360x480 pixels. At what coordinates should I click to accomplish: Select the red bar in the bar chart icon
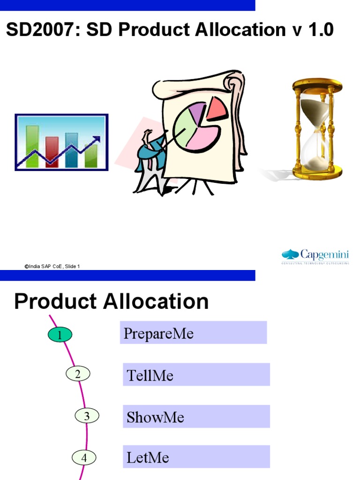tap(52, 151)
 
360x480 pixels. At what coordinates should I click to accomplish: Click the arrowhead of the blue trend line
tap(97, 139)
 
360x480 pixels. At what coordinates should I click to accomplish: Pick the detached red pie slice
tap(217, 108)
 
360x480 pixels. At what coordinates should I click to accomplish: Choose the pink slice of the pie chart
tap(203, 138)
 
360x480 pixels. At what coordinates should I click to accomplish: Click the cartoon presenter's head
tap(149, 136)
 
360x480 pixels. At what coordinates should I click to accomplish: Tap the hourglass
tap(317, 129)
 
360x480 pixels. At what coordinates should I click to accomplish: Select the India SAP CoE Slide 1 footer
tap(52, 266)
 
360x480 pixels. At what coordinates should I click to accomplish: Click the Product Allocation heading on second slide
tap(111, 301)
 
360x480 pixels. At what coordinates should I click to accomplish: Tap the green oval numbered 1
tap(60, 335)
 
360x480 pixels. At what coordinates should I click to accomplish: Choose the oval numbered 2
tap(78, 374)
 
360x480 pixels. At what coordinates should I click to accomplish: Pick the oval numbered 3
tap(87, 416)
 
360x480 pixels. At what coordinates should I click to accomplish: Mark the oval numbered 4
tap(84, 457)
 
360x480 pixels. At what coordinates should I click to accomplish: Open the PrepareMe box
tap(193, 333)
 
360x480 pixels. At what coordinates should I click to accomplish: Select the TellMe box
tap(196, 375)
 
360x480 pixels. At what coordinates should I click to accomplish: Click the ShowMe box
tap(196, 416)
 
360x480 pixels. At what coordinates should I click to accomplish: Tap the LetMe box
tap(196, 457)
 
